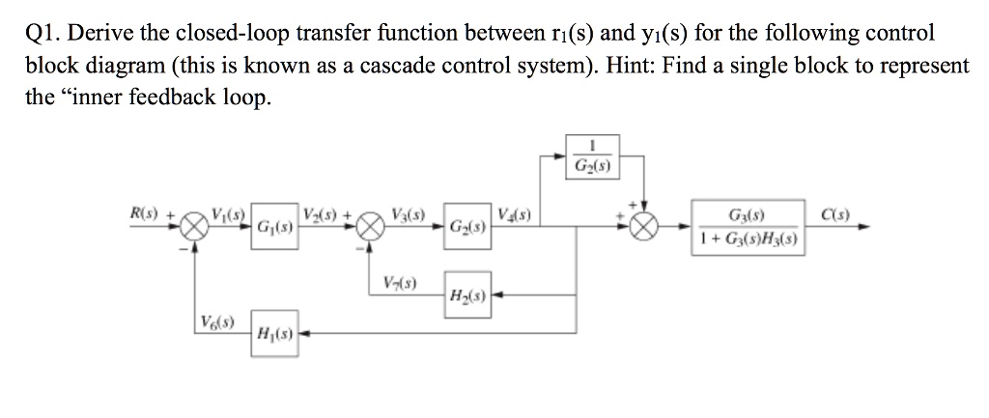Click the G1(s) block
pos(275,229)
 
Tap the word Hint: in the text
pos(611,66)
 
